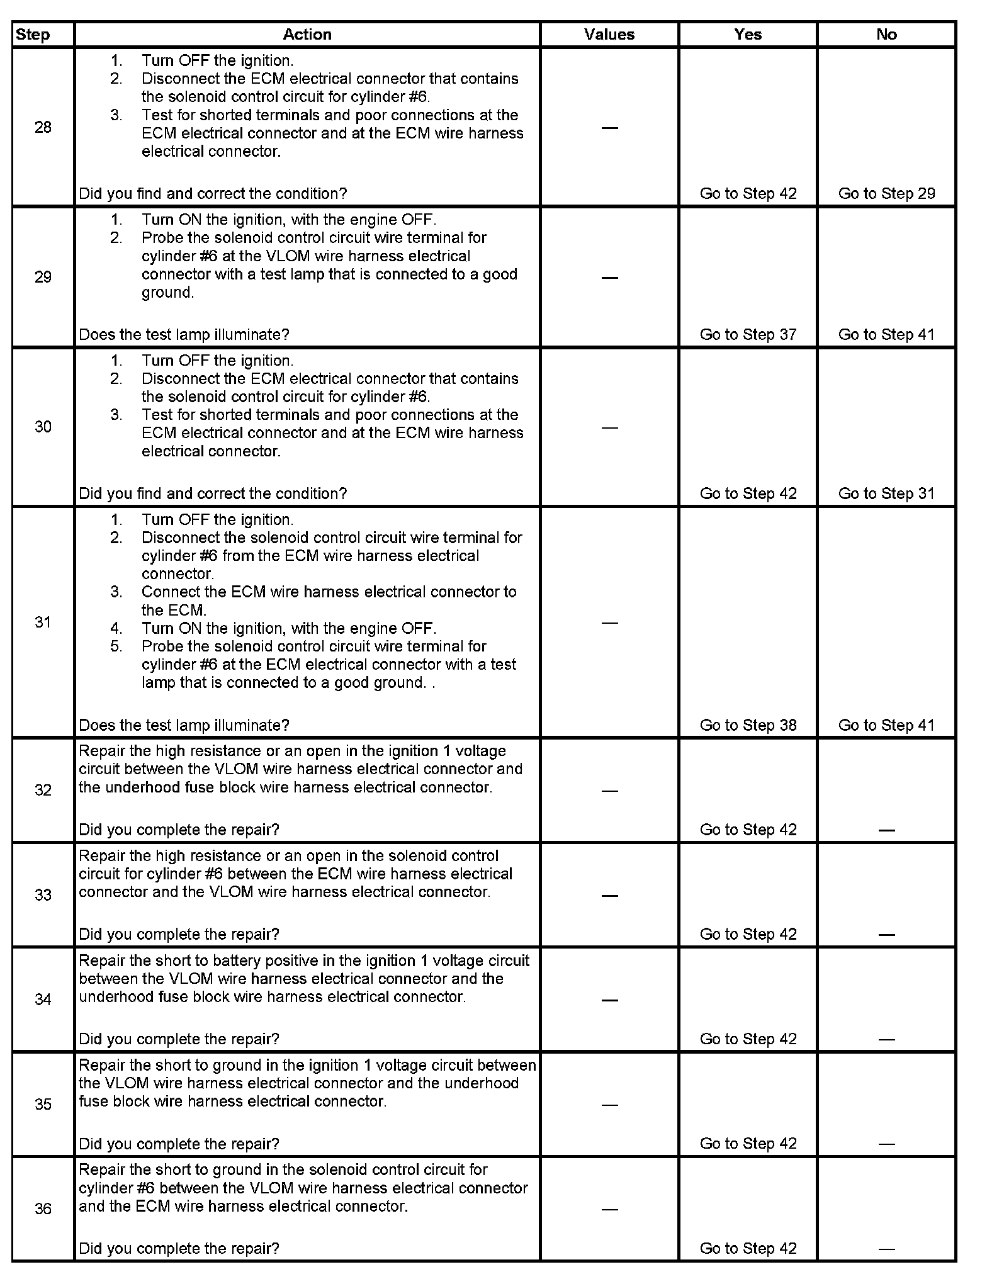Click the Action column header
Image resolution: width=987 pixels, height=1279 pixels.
pyautogui.click(x=307, y=35)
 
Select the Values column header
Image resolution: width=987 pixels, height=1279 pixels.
pyautogui.click(x=609, y=35)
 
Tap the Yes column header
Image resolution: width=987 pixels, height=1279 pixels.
pyautogui.click(x=748, y=35)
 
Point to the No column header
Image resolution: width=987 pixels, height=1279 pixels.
pyautogui.click(x=886, y=35)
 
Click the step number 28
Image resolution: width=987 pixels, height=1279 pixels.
pyautogui.click(x=43, y=128)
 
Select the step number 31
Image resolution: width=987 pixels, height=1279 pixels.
pyautogui.click(x=43, y=623)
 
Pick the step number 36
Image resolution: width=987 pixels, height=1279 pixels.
pyautogui.click(x=43, y=1209)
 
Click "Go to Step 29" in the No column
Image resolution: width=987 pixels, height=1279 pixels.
pyautogui.click(x=886, y=194)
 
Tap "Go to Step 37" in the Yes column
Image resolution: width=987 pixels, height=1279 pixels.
pyautogui.click(x=748, y=335)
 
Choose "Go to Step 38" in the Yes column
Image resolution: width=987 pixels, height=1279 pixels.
pyautogui.click(x=748, y=725)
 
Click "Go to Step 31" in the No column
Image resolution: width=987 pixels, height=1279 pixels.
pyautogui.click(x=886, y=493)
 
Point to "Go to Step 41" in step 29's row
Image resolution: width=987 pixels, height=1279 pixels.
pyautogui.click(x=886, y=335)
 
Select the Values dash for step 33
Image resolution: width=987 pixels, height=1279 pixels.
pyautogui.click(x=609, y=896)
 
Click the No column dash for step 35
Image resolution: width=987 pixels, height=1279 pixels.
pyautogui.click(x=886, y=1144)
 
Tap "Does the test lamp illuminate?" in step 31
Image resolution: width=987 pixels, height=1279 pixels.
pyautogui.click(x=184, y=725)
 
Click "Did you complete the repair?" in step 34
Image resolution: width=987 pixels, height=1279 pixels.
pyautogui.click(x=179, y=1039)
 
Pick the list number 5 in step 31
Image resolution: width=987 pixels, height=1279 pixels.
pyautogui.click(x=116, y=646)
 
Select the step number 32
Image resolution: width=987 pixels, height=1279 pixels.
pyautogui.click(x=43, y=790)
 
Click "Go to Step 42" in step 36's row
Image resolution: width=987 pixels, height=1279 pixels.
pyautogui.click(x=748, y=1248)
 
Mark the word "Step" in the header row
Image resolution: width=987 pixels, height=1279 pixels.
pyautogui.click(x=33, y=35)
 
